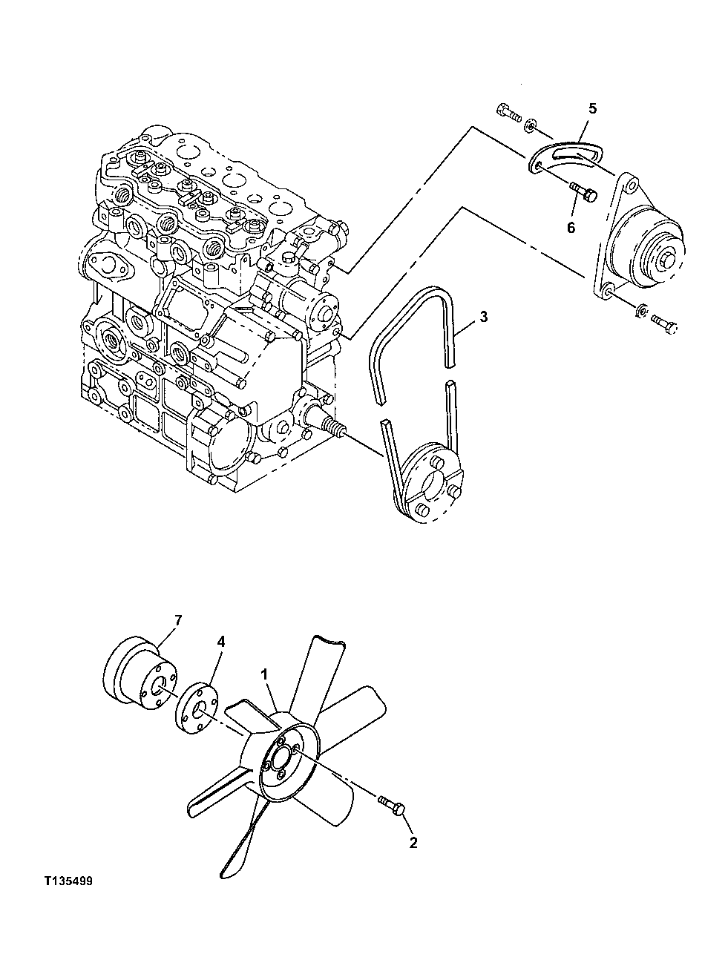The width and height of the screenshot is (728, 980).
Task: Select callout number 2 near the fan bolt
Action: [x=413, y=843]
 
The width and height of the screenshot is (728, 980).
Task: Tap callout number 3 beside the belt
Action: [x=483, y=318]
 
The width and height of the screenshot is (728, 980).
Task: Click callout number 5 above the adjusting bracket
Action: [x=591, y=108]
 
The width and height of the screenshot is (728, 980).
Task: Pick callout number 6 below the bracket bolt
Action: [x=571, y=227]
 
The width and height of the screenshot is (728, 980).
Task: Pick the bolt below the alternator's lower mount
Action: [x=664, y=322]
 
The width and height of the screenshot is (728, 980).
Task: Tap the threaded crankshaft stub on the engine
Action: [x=334, y=428]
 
